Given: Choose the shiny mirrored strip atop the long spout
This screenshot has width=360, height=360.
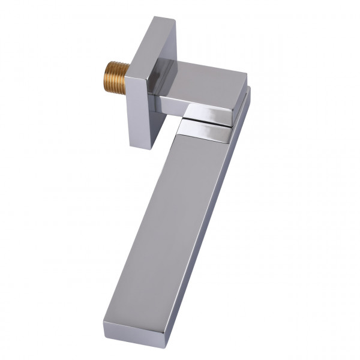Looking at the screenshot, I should tap(204, 131).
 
